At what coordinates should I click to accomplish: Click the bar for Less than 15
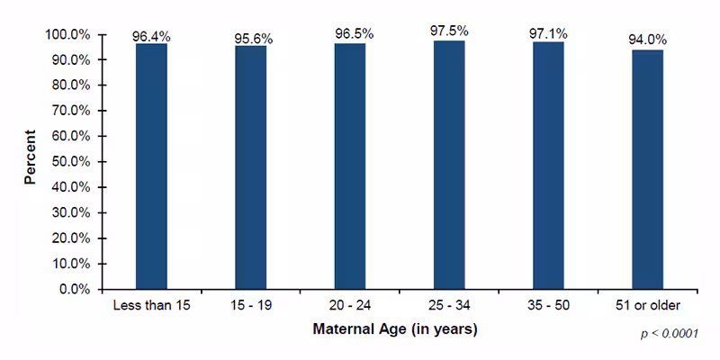[x=151, y=166]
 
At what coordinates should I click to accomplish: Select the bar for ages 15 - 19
[x=250, y=167]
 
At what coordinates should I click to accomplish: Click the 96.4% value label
[x=151, y=37]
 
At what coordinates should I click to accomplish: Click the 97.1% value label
[x=548, y=34]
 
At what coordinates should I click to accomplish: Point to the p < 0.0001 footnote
[x=669, y=334]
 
